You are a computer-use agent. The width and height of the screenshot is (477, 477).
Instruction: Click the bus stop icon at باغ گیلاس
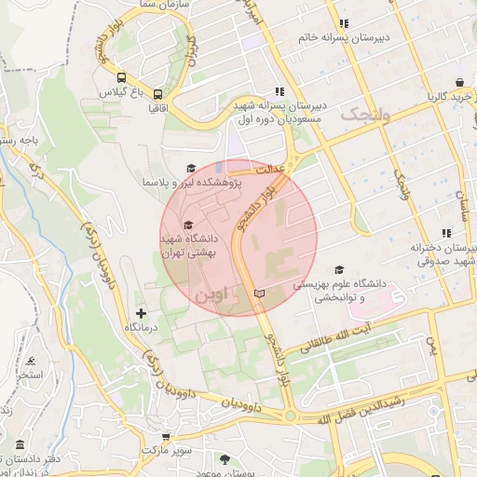(122, 77)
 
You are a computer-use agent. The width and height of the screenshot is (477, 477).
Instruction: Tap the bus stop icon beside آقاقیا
(158, 94)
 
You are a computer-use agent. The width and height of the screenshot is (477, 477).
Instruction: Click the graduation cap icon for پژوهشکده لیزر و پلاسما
(191, 168)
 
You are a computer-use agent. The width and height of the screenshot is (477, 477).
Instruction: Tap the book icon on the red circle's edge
(259, 293)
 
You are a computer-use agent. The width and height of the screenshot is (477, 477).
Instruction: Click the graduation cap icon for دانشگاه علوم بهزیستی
(338, 269)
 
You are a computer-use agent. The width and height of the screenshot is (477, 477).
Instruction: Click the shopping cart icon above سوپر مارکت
(165, 434)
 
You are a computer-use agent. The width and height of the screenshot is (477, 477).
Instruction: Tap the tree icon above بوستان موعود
(225, 458)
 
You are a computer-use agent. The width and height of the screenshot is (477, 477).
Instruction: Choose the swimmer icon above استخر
(32, 361)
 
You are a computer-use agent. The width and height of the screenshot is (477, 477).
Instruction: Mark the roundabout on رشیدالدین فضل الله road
(290, 416)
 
